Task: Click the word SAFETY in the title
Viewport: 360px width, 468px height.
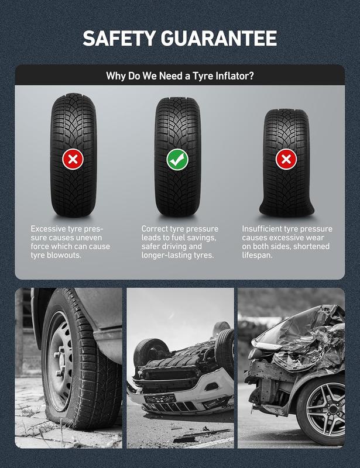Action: pyautogui.click(x=119, y=38)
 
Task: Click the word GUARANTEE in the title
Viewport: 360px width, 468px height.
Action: pyautogui.click(x=219, y=38)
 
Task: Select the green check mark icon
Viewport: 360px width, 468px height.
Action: pyautogui.click(x=177, y=160)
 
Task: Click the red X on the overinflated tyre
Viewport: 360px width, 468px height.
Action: pyautogui.click(x=73, y=159)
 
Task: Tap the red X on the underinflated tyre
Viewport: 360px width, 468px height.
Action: pyautogui.click(x=286, y=159)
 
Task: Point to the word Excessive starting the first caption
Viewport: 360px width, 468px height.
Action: pyautogui.click(x=49, y=229)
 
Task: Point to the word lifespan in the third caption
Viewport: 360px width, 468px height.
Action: pyautogui.click(x=257, y=256)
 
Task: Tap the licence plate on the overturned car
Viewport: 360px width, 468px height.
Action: pyautogui.click(x=160, y=398)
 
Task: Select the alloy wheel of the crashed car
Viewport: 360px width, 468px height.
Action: pyautogui.click(x=325, y=408)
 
